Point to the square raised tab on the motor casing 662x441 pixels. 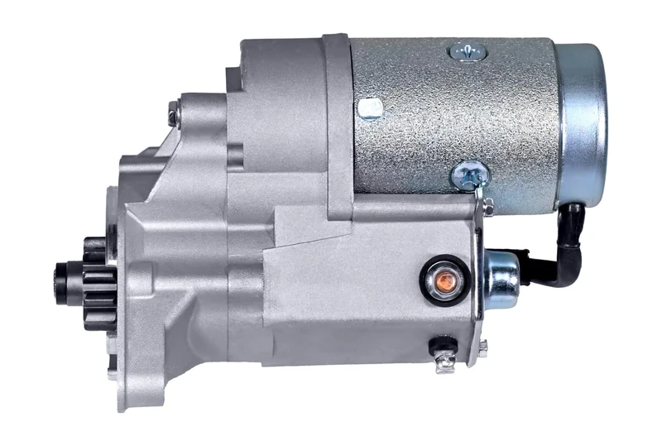tap(370, 108)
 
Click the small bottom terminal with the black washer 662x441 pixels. tap(443, 348)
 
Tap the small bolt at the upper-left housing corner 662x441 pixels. tap(174, 113)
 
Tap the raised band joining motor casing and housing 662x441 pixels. tap(338, 124)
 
